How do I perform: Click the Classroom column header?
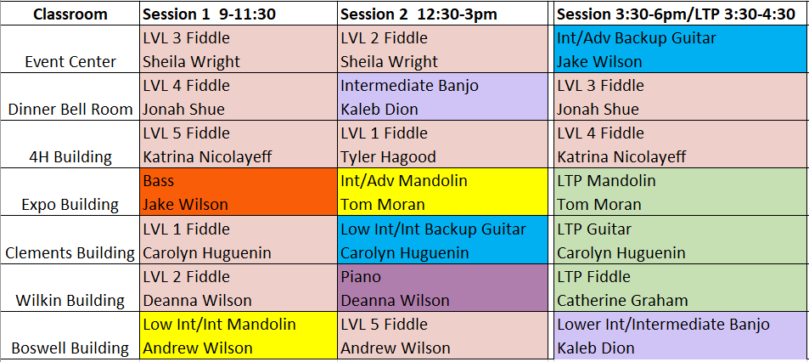70,14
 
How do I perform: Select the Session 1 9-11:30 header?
209,14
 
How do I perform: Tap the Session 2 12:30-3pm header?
419,14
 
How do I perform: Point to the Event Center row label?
70,62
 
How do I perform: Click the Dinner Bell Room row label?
70,110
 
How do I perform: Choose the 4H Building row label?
70,157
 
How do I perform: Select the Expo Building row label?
70,205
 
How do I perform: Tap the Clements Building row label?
70,253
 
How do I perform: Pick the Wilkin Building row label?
70,301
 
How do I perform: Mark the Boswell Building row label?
70,348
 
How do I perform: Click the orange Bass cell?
239,192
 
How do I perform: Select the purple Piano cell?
442,287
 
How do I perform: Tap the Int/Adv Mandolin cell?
442,192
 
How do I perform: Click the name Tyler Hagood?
388,156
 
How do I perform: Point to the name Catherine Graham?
623,300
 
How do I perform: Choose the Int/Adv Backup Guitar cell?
682,49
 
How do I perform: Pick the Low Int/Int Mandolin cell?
239,335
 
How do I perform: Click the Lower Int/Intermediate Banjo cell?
682,335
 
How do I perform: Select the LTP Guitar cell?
682,240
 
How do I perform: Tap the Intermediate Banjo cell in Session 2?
442,97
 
